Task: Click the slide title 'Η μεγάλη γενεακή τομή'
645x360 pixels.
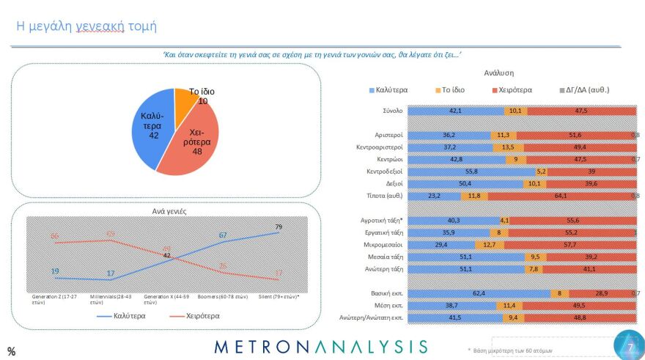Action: click(x=86, y=26)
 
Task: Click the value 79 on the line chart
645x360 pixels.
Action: click(x=279, y=227)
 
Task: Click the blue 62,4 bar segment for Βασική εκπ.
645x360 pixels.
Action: click(x=477, y=293)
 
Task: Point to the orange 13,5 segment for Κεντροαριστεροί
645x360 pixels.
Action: click(x=508, y=147)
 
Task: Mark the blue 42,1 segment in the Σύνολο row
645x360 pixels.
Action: click(x=455, y=111)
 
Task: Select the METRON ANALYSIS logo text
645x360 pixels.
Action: click(x=321, y=346)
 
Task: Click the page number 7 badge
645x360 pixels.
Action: click(x=628, y=346)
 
